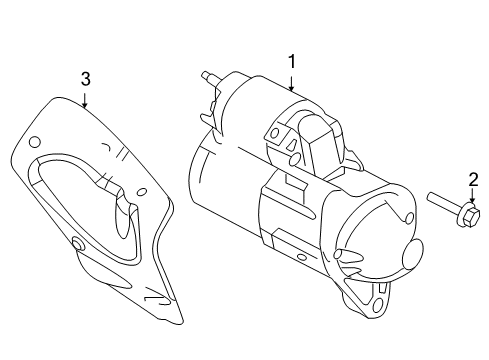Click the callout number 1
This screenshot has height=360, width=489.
(x=292, y=62)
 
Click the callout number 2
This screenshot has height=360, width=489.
(x=472, y=180)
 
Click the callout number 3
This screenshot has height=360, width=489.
(x=85, y=78)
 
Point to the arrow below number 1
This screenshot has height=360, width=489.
(x=292, y=83)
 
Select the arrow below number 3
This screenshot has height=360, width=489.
(x=85, y=99)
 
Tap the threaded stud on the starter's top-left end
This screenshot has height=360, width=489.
(x=210, y=77)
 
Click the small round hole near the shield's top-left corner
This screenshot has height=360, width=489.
(x=35, y=141)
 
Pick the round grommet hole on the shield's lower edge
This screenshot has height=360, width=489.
(x=78, y=246)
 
